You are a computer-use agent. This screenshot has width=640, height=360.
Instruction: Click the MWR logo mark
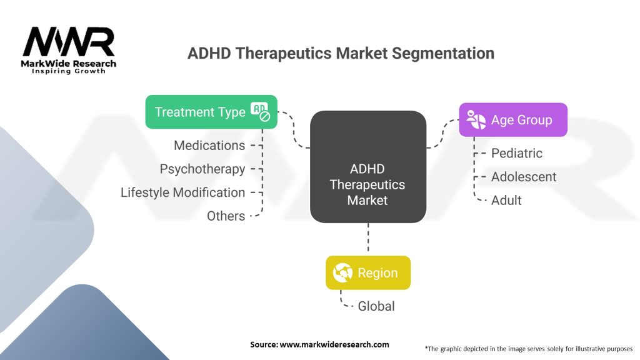point(69,42)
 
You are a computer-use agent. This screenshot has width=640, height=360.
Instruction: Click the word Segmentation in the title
point(443,53)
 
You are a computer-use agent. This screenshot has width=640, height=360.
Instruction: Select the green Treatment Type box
point(211,112)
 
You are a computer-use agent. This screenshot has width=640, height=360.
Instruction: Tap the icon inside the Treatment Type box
point(261,112)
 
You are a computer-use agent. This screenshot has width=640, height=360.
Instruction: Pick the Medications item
point(209,145)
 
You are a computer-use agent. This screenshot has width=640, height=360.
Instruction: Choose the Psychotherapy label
point(202,169)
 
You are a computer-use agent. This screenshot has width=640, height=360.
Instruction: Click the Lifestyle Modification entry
point(183,192)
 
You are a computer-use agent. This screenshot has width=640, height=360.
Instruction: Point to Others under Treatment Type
point(226,216)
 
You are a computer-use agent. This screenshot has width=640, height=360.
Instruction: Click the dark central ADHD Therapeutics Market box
point(368,167)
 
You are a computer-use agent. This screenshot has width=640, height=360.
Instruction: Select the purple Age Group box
point(513,119)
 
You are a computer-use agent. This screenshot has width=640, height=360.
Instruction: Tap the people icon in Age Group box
point(476,119)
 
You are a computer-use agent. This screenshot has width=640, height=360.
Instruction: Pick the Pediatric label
point(517,153)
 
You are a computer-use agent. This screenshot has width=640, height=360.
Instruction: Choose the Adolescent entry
point(524,177)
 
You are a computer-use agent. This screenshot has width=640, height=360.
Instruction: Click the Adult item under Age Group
point(506,201)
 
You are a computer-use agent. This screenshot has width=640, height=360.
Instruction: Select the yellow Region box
point(368,272)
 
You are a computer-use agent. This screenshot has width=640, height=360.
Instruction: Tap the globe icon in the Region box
point(342,272)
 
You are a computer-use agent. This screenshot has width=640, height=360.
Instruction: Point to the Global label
point(376,306)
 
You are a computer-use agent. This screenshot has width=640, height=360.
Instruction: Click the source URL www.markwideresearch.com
point(334,344)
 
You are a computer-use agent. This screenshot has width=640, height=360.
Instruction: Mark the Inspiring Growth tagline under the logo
point(69,71)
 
